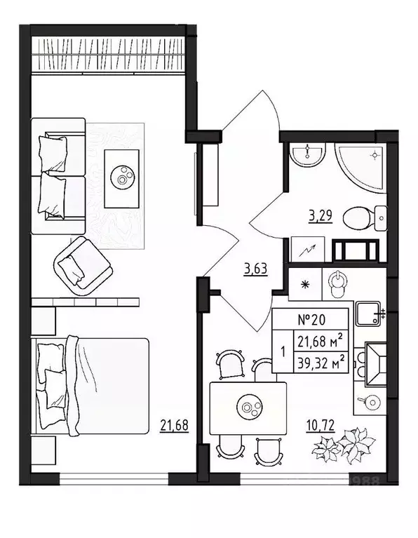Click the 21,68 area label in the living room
175,424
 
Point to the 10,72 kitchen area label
319,424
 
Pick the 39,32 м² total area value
320,362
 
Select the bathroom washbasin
308,155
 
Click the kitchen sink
367,314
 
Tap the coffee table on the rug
123,178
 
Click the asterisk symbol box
305,285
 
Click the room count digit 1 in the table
282,352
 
